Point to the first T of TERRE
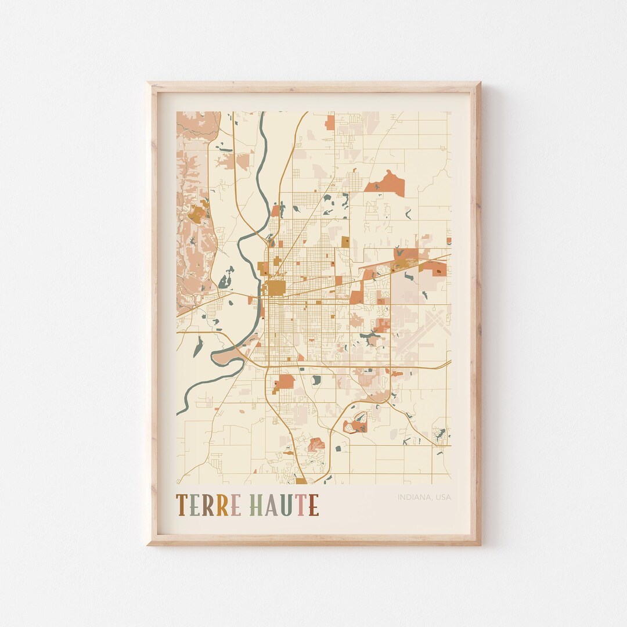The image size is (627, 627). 181,505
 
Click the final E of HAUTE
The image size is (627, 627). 313,505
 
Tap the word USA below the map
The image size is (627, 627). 442,497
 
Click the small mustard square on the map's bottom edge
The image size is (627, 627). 301,481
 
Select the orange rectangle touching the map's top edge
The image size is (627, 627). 330,122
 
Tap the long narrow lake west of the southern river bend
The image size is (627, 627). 198,347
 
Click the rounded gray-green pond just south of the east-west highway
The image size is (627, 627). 316,380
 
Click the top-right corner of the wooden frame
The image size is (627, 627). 480,83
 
